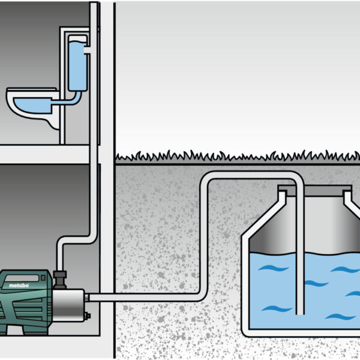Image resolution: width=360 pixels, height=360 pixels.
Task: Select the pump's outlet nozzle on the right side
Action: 88,296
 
